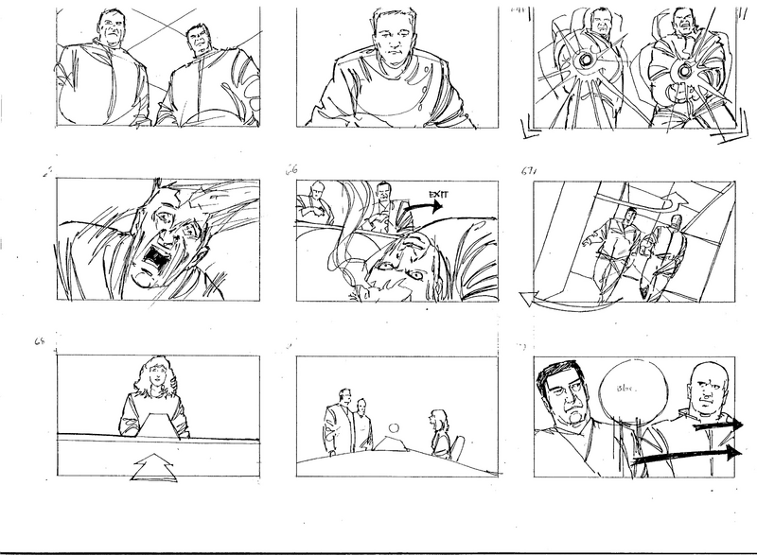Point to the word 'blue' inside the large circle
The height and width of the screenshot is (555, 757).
(625, 389)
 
